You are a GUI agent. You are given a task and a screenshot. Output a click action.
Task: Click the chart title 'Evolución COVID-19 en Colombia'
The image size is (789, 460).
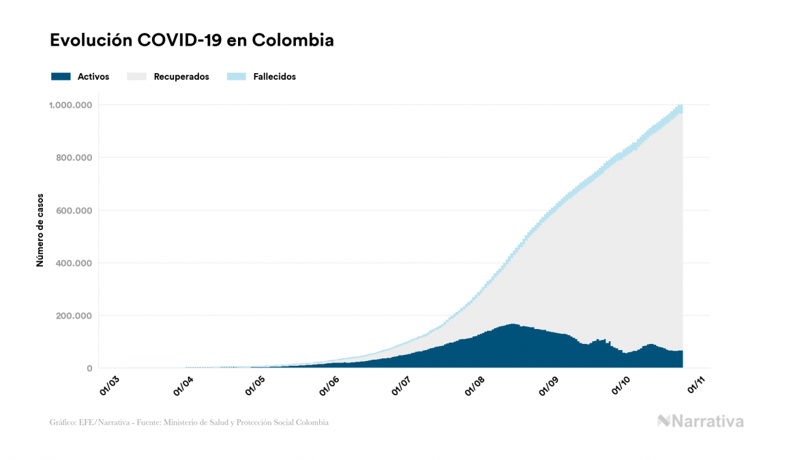[x=192, y=40]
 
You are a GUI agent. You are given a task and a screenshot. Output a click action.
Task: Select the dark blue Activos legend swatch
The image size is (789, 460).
[x=61, y=76]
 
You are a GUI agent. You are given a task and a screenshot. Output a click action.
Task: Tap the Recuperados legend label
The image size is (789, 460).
[x=181, y=76]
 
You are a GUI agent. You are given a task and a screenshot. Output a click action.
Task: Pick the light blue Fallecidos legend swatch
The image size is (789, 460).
[x=236, y=76]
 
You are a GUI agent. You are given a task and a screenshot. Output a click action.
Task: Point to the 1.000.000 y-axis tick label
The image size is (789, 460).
[x=70, y=105]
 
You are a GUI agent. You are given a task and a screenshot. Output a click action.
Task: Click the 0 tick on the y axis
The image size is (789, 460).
[x=89, y=369]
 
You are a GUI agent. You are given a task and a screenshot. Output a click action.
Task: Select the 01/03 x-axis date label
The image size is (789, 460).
[x=109, y=384]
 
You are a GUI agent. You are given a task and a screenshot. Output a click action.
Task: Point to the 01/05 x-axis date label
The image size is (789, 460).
[x=256, y=384]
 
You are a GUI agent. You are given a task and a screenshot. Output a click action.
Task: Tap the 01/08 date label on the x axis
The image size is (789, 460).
[x=475, y=384]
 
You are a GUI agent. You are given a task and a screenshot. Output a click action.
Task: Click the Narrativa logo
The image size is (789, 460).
[x=700, y=421]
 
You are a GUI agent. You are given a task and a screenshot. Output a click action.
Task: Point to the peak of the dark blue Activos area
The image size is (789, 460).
[x=512, y=326]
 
